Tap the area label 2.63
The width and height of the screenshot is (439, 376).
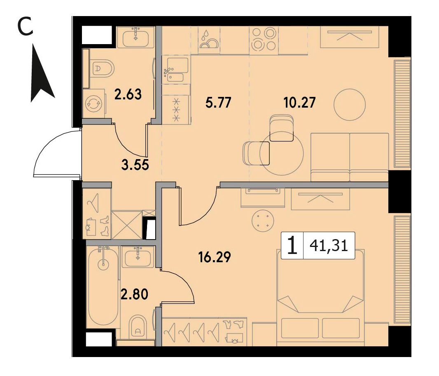click(x=128, y=94)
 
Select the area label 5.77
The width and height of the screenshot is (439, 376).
click(x=218, y=103)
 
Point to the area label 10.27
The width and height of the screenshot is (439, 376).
click(x=299, y=103)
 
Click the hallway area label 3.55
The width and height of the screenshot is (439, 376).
click(x=135, y=165)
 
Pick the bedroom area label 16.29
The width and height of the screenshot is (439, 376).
click(x=215, y=257)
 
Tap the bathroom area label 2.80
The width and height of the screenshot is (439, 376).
click(x=134, y=294)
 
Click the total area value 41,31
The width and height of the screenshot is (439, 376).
click(x=329, y=246)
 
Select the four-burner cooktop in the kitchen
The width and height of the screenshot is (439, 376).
click(x=264, y=40)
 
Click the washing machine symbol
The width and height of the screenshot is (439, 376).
click(x=94, y=103)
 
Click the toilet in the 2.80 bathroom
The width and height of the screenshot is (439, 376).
click(x=138, y=327)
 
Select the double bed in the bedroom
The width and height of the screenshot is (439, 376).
click(x=320, y=298)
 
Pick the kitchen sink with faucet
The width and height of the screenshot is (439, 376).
click(x=176, y=70)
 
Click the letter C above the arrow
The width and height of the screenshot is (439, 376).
click(x=26, y=28)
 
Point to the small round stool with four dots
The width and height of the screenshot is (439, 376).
click(x=262, y=221)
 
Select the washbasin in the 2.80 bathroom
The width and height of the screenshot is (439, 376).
click(x=138, y=258)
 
